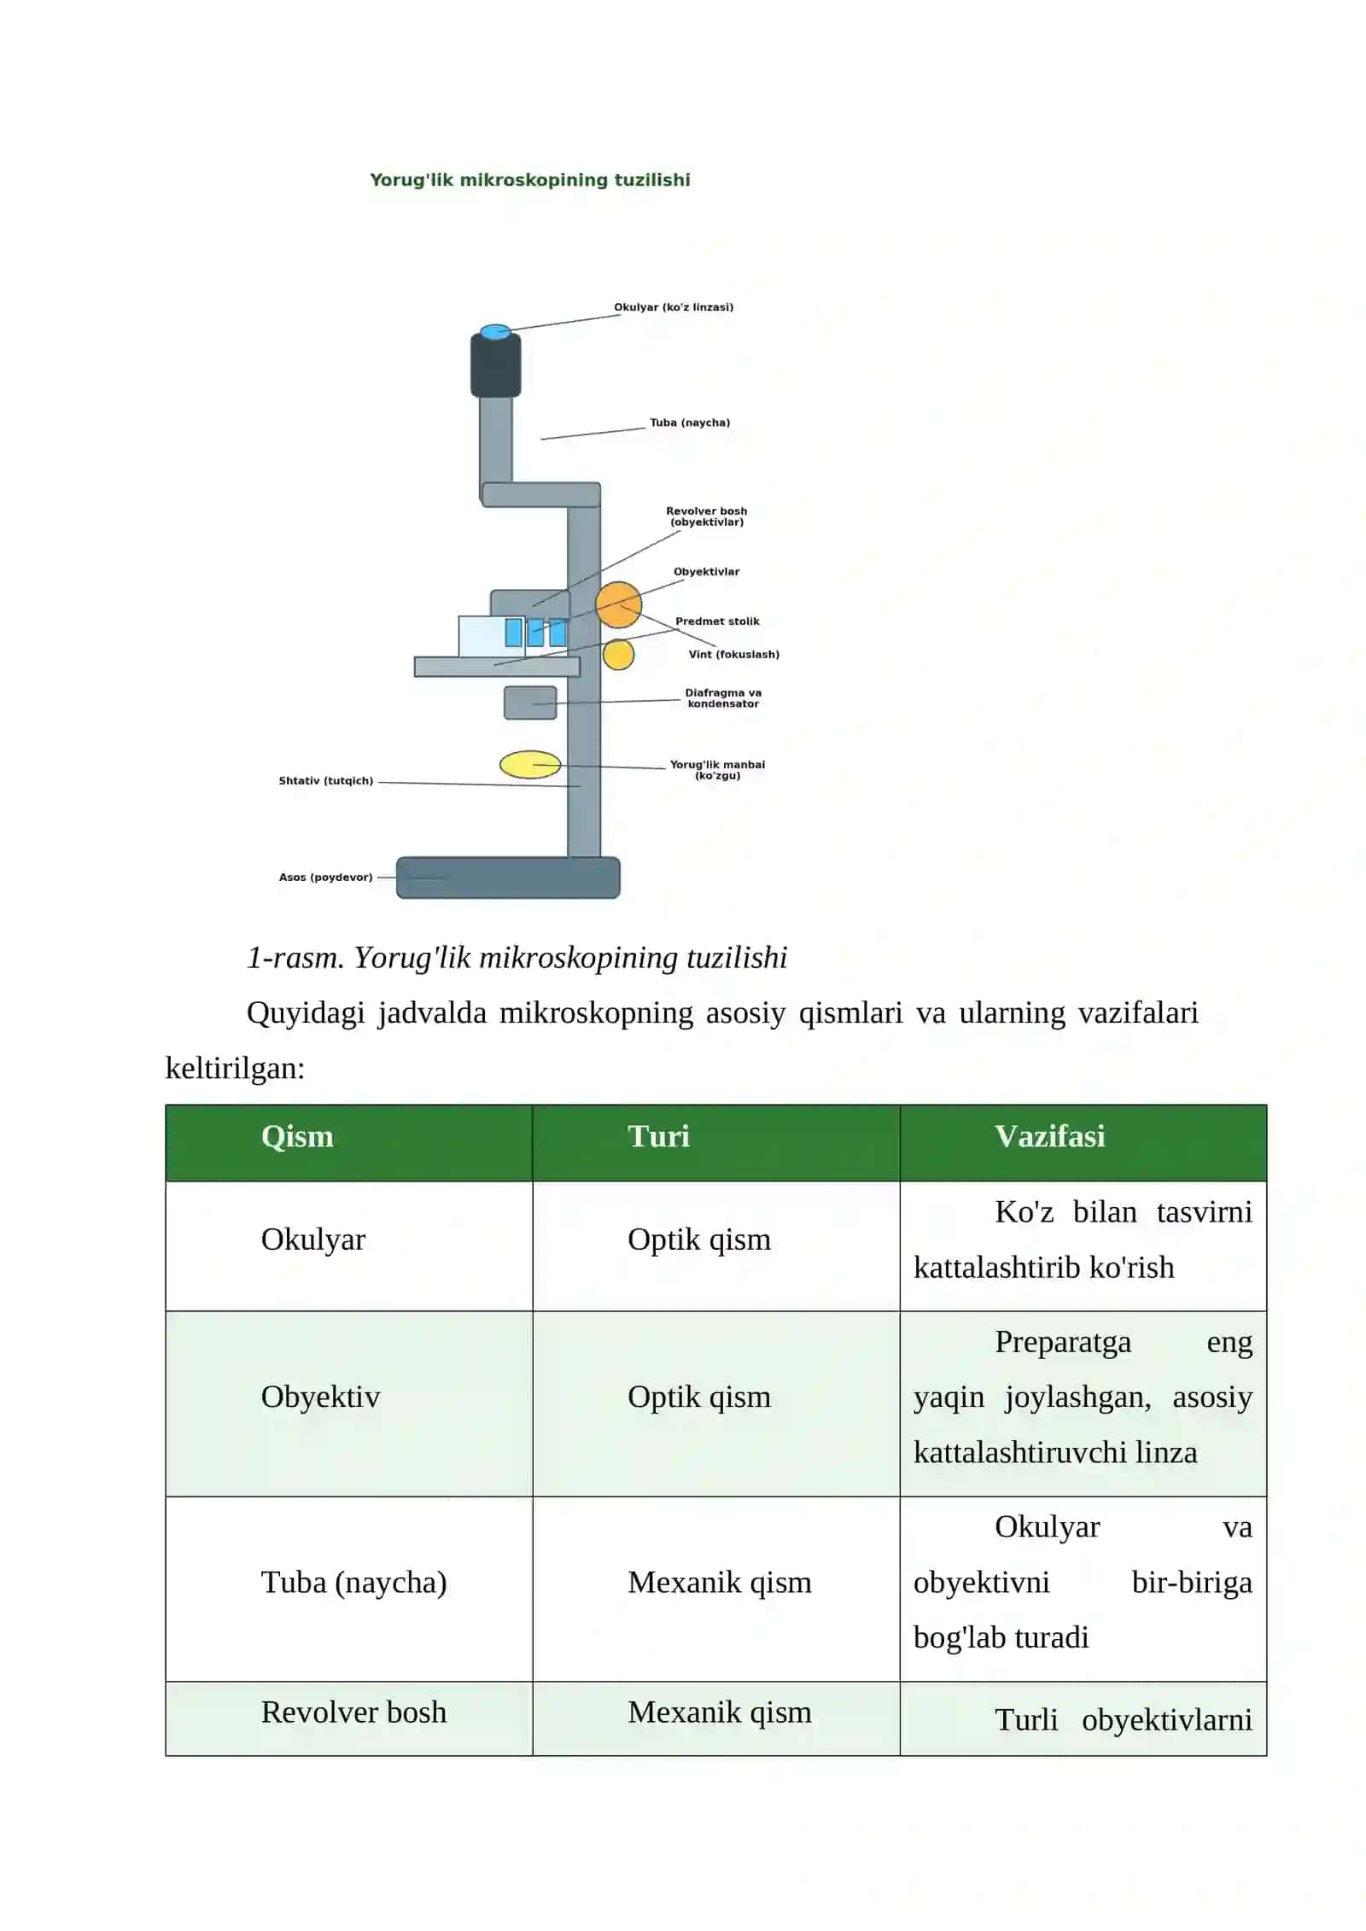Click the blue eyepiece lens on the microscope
coord(495,331)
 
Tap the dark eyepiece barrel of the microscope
coord(495,365)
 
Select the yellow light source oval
coord(530,764)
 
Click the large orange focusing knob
coord(618,604)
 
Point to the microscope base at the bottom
coord(508,878)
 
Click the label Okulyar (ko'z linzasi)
coord(674,306)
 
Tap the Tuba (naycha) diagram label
coord(690,423)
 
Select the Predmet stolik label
coord(717,621)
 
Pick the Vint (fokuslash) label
coord(734,654)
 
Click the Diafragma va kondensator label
coord(723,698)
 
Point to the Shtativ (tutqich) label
coord(326,780)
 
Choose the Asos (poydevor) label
coord(326,877)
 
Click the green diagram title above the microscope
coord(530,180)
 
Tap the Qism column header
coord(297,1136)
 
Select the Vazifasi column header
coord(1050,1136)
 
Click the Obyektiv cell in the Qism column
coord(320,1397)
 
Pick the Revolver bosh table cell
coord(353,1712)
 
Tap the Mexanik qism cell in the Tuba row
coord(720,1582)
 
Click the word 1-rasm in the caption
coord(295,958)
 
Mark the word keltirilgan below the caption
coord(235,1068)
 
